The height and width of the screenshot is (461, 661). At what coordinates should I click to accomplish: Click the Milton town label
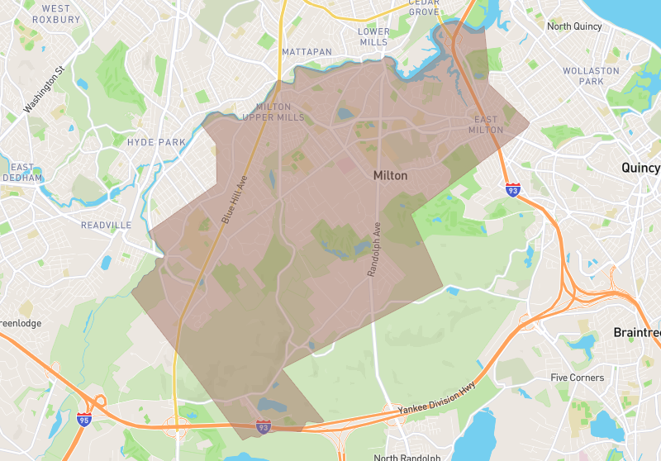390,175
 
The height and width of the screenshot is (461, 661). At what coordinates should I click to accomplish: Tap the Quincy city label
640,168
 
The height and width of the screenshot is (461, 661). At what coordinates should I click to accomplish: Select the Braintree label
637,332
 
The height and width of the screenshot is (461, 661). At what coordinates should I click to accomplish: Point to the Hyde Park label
156,142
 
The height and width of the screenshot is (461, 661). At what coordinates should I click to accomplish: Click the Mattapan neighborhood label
307,52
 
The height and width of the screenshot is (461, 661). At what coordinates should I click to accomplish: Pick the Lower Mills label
373,36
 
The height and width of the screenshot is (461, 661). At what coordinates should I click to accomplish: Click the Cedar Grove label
423,7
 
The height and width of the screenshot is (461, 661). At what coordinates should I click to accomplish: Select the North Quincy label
577,26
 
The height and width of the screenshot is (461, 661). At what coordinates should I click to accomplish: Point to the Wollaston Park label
591,76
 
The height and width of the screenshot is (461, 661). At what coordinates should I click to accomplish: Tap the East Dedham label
21,172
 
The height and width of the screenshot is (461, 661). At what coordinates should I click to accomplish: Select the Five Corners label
578,378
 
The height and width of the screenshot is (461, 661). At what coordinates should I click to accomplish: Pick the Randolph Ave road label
373,249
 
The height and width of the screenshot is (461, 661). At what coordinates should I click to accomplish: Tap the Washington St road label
43,90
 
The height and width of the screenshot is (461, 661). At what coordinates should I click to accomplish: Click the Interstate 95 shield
84,420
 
